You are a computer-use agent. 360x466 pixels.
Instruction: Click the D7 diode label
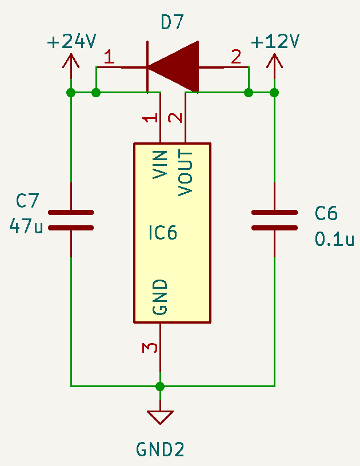point(173,22)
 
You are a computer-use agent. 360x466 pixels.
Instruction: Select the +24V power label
point(71,42)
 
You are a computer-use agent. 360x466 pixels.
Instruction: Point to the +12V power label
point(275,42)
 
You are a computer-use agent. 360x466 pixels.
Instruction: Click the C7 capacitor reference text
point(27,201)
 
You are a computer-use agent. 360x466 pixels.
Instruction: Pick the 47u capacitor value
point(26,226)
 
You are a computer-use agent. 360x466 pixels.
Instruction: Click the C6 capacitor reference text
point(326,214)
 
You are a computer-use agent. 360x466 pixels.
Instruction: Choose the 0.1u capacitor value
point(334,239)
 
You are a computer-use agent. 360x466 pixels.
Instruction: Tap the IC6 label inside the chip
point(162,233)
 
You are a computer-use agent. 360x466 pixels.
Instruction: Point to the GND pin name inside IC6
point(161,297)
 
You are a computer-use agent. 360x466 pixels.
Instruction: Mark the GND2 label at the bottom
point(160,449)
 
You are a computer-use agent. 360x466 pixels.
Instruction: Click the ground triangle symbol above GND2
point(160,416)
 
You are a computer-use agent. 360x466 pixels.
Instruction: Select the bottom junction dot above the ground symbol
point(160,386)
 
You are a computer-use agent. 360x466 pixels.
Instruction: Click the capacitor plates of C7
point(71,220)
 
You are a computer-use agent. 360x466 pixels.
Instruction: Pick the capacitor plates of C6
point(274,220)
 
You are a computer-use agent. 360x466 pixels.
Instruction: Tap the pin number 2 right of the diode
point(236,57)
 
